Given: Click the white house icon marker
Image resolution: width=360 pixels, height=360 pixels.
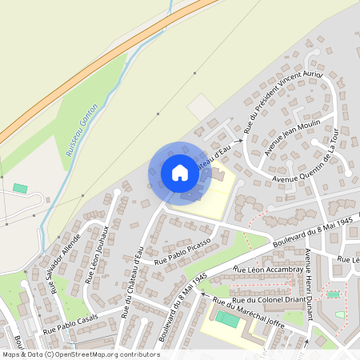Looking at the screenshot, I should click(179, 172).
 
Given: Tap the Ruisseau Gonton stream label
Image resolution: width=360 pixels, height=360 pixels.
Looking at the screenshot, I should click(82, 130).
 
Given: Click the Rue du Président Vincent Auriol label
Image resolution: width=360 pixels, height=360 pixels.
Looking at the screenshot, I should click(282, 102).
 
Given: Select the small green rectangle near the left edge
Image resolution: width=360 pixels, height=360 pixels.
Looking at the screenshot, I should click(20, 188).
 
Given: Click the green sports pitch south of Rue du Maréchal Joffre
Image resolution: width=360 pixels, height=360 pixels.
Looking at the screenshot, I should click(226, 319).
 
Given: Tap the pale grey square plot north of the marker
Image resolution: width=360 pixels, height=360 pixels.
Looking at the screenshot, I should click(201, 106).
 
